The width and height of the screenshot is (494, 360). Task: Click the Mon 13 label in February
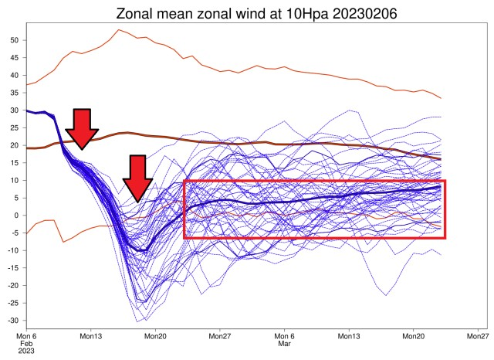pyautogui.click(x=90, y=337)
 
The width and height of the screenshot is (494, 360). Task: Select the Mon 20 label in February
pyautogui.click(x=155, y=337)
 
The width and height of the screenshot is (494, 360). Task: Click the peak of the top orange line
pyautogui.click(x=118, y=30)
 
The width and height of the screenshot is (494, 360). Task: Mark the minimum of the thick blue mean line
pyautogui.click(x=141, y=251)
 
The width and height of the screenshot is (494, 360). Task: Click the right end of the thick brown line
pyautogui.click(x=441, y=158)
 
